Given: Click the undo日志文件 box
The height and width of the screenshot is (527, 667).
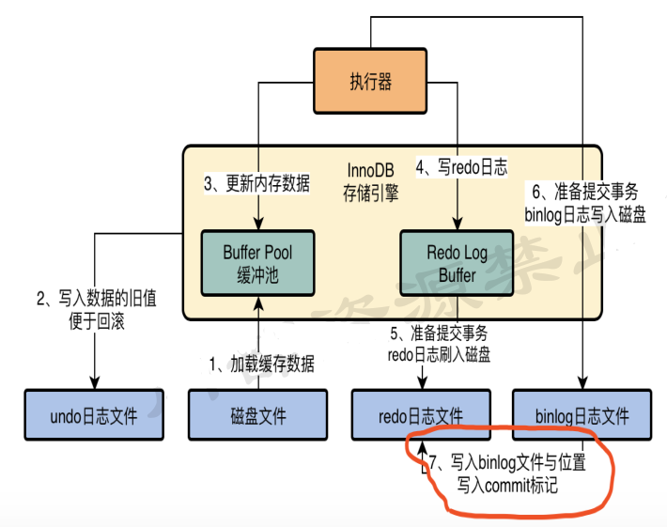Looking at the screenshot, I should (x=94, y=413).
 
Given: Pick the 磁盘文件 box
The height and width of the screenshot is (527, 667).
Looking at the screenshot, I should (x=258, y=413).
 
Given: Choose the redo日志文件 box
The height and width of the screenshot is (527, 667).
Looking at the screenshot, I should (x=422, y=413).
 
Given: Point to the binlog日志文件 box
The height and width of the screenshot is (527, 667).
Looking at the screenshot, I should (x=583, y=413).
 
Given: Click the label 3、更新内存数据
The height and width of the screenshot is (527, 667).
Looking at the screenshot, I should (x=256, y=184).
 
